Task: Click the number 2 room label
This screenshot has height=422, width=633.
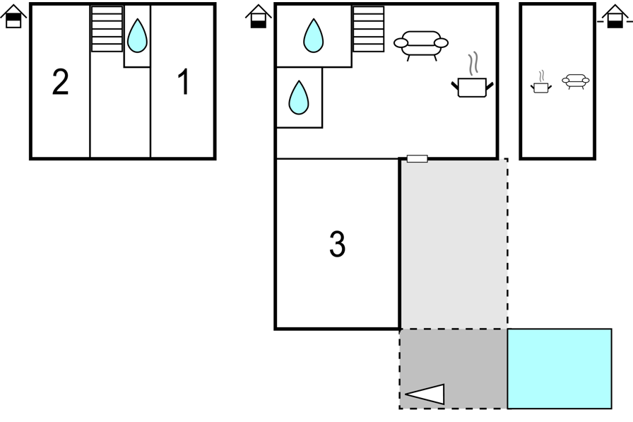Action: [x=61, y=82]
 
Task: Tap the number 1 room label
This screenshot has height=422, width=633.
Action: [x=184, y=81]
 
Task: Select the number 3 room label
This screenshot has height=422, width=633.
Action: [x=338, y=244]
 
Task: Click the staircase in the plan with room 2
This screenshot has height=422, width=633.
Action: [x=107, y=29]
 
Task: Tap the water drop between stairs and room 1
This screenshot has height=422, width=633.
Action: [x=137, y=35]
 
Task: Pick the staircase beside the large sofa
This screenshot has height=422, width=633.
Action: [x=368, y=29]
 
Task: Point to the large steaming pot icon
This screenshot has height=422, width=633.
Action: [x=473, y=87]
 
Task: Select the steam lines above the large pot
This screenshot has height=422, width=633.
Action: [x=473, y=64]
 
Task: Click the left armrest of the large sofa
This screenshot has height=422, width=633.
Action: [x=401, y=43]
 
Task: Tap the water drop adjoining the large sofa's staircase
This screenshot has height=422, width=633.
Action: [x=313, y=35]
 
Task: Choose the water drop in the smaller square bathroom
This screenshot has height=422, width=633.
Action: [x=299, y=98]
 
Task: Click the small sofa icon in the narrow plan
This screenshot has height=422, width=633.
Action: [x=576, y=81]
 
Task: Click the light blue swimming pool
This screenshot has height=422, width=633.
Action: [x=560, y=369]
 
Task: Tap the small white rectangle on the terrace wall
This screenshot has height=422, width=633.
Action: [x=417, y=159]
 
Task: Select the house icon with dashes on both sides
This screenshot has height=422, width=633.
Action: [x=615, y=16]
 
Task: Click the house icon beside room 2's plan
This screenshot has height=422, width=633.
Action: [x=13, y=16]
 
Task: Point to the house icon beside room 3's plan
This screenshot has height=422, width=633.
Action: [x=259, y=16]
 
